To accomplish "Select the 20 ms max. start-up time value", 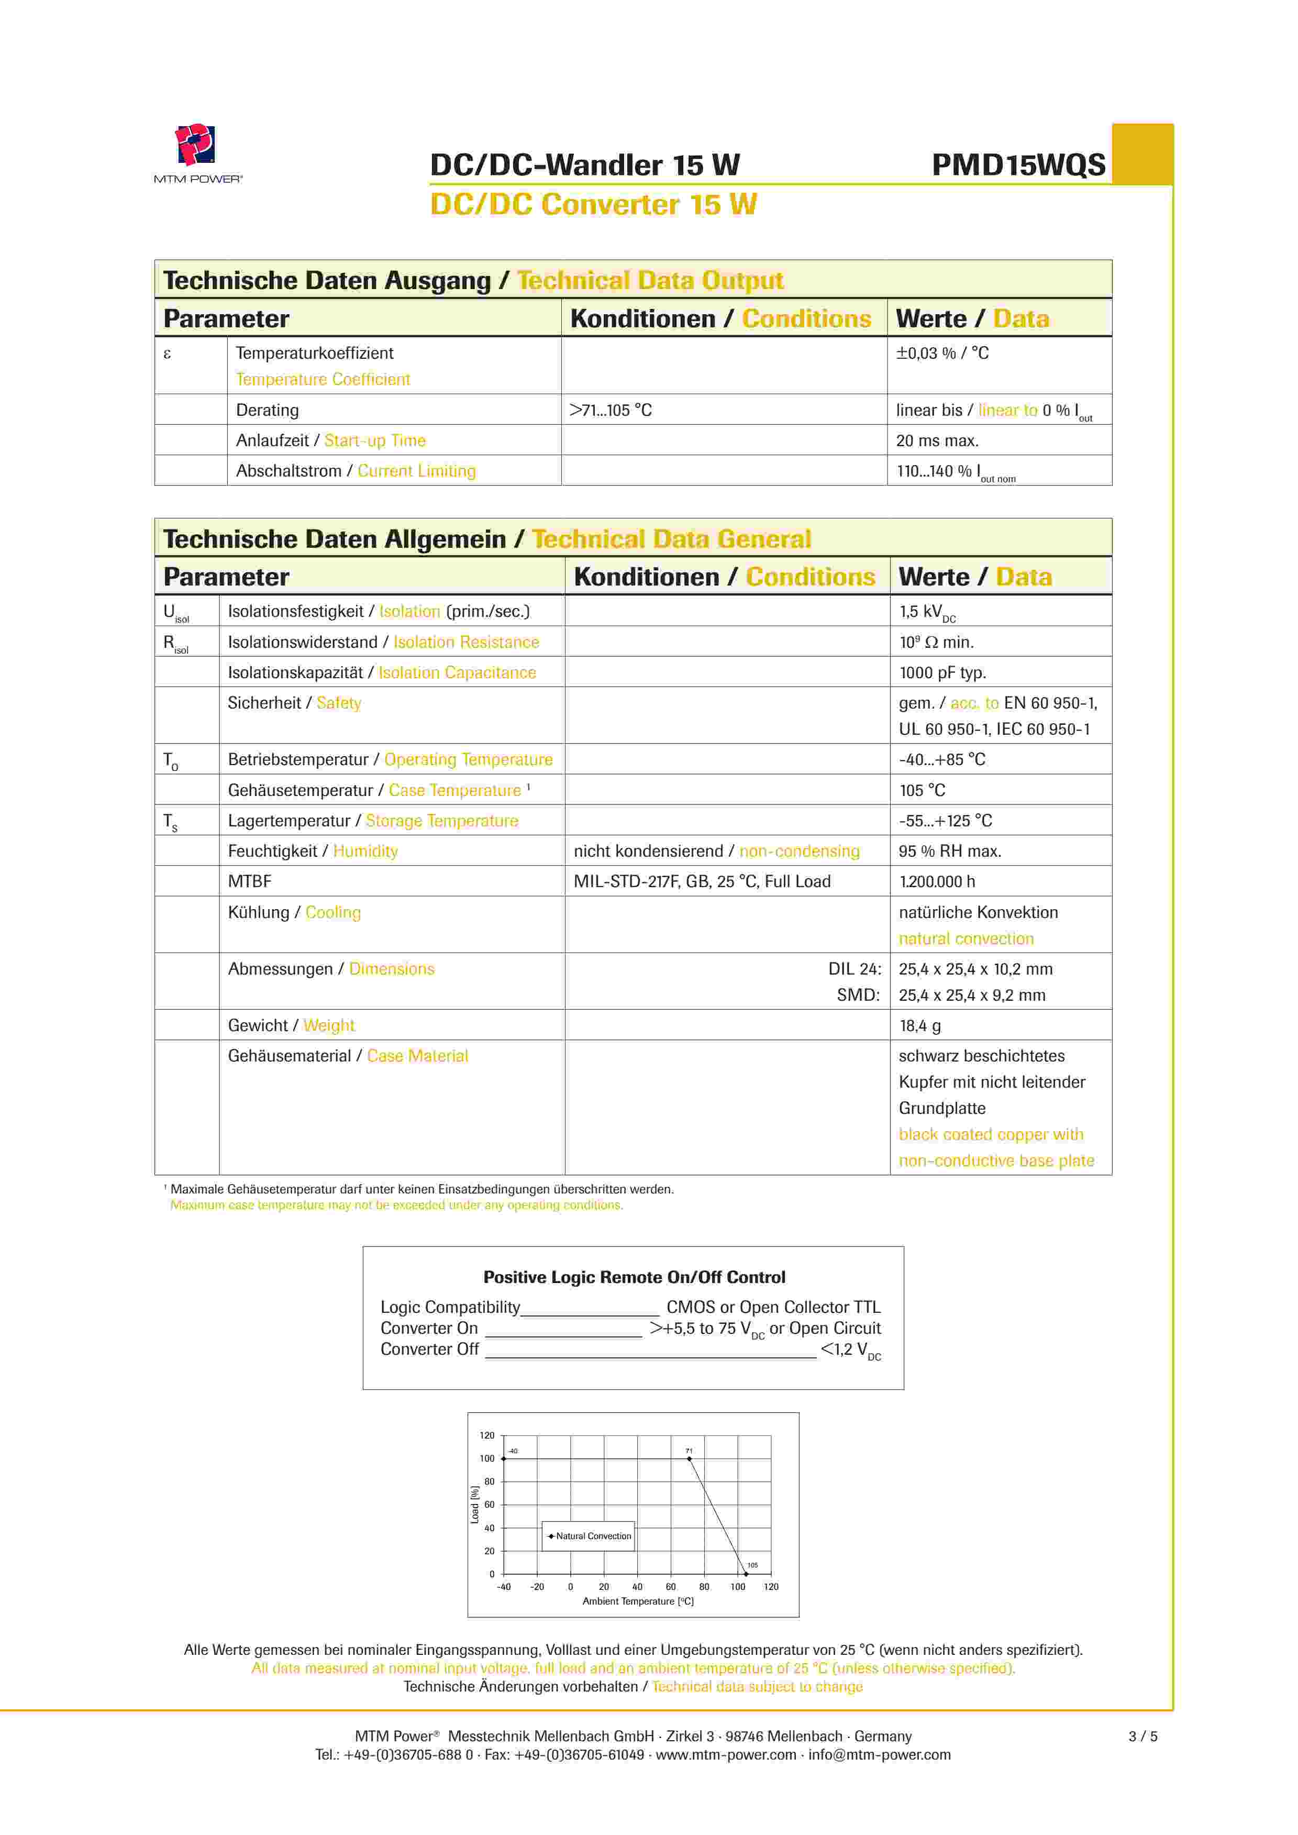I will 937,440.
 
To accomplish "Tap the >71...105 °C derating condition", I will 610,410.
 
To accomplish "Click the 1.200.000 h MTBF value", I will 937,881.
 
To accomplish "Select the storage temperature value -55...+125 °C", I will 945,821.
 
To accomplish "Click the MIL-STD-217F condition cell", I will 702,881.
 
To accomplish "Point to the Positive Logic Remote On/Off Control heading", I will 634,1277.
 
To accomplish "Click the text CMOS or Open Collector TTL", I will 773,1308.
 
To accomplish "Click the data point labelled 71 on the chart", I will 689,1458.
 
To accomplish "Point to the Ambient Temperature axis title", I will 637,1601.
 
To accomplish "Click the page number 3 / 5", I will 1142,1736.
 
